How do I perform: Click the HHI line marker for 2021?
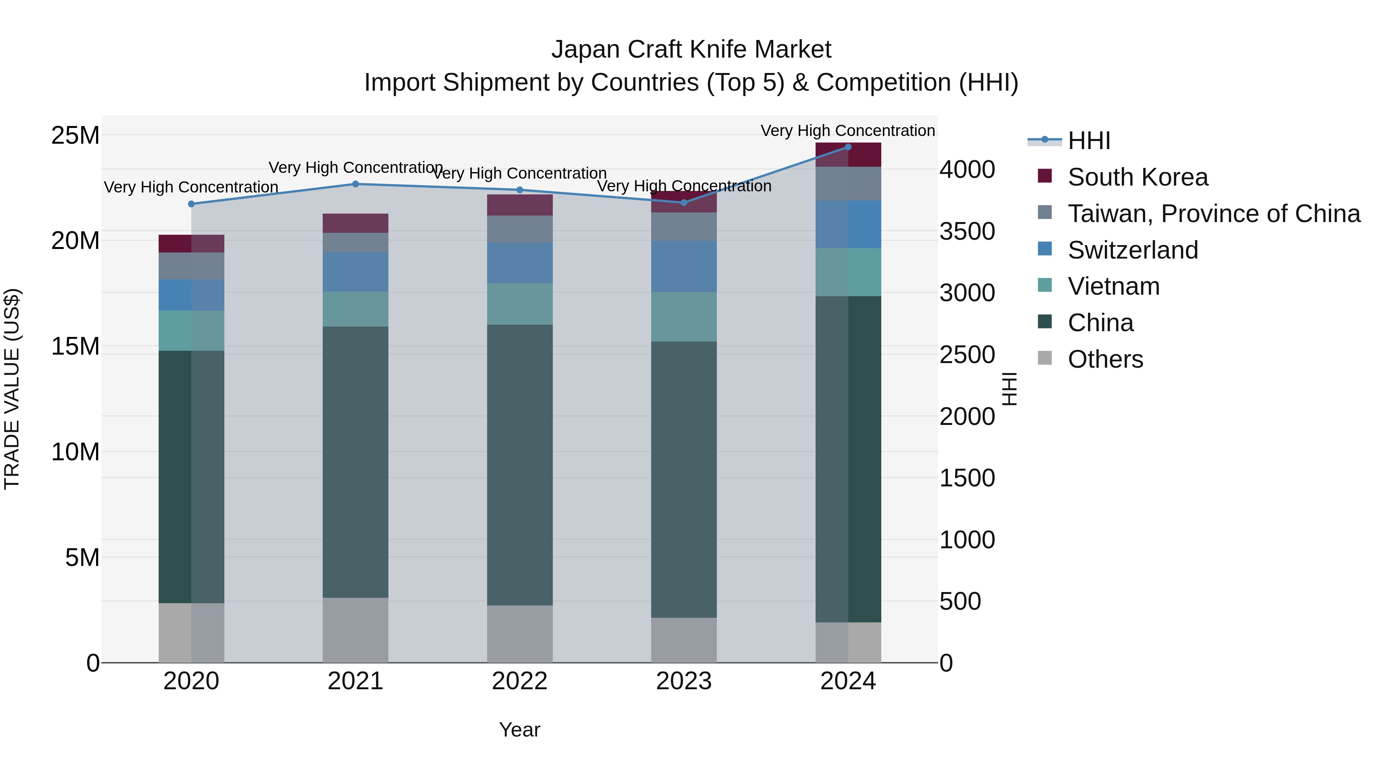(355, 184)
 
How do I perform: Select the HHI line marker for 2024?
(848, 147)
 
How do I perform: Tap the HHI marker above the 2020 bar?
(191, 204)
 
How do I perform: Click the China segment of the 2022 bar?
(520, 465)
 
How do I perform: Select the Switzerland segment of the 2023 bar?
(684, 266)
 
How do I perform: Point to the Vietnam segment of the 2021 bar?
(355, 309)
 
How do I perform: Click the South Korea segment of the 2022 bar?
(520, 205)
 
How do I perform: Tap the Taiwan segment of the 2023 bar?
(684, 227)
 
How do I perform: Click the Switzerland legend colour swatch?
(1045, 249)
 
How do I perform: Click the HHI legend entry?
(1089, 141)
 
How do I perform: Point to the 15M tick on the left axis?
(75, 346)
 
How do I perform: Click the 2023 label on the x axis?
(684, 681)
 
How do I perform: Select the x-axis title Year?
(520, 730)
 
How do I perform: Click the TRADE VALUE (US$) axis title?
(12, 389)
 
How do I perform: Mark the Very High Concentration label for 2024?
(848, 131)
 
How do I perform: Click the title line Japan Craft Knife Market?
(691, 50)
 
